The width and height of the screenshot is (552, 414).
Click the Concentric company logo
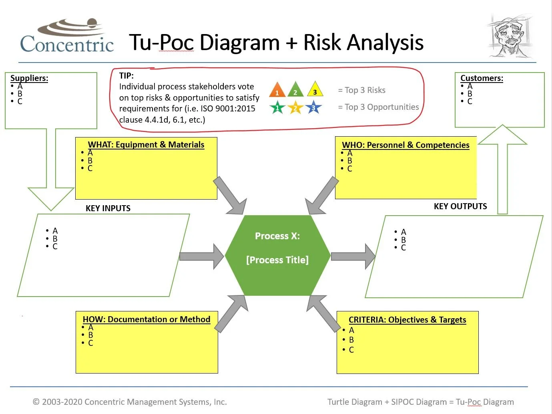(67, 37)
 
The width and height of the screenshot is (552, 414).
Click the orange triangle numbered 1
(277, 90)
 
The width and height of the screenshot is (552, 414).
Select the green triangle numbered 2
(295, 90)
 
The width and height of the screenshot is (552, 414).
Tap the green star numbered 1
(277, 108)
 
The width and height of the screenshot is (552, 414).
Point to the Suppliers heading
(29, 78)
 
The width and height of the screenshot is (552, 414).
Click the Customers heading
(482, 78)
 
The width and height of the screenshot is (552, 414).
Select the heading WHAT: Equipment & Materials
(146, 145)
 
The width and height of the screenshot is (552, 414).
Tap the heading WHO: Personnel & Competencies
(405, 145)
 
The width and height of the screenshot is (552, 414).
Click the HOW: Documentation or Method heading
(147, 319)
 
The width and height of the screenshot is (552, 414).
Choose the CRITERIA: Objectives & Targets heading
(407, 320)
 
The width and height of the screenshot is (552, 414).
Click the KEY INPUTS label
(108, 208)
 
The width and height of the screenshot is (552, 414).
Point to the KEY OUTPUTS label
(460, 206)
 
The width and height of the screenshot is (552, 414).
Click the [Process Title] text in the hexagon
(277, 260)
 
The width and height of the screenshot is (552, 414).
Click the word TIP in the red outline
(126, 76)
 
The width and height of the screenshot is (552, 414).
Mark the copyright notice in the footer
(130, 402)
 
